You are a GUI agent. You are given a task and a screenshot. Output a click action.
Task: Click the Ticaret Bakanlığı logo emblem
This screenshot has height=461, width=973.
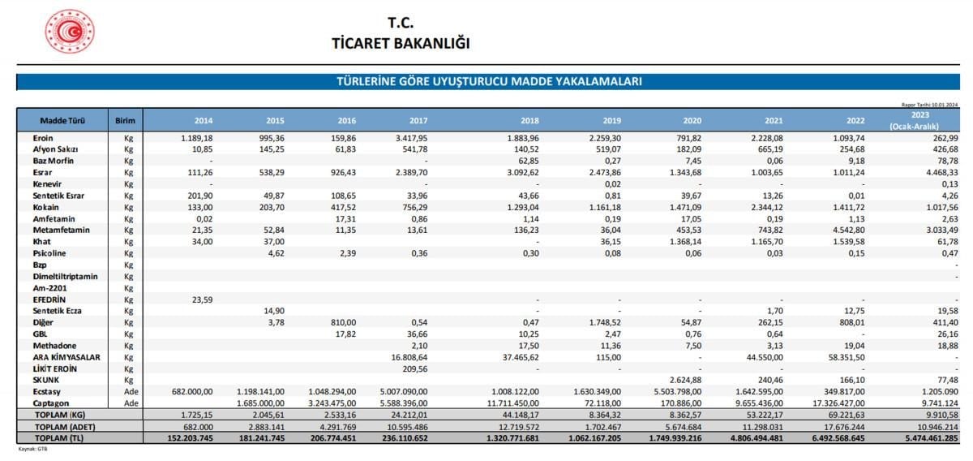click(70, 32)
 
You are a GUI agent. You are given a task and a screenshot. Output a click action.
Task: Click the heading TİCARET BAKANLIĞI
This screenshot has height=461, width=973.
click(401, 43)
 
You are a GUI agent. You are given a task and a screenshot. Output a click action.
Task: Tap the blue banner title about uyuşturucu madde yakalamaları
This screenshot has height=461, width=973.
click(489, 82)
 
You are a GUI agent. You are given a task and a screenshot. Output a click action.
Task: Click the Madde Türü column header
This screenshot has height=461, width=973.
click(62, 122)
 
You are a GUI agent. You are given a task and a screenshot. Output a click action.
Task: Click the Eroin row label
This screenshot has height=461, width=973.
click(43, 138)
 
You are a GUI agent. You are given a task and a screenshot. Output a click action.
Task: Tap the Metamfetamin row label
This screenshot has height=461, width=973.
click(55, 230)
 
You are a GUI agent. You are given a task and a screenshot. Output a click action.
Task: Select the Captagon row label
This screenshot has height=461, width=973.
click(50, 403)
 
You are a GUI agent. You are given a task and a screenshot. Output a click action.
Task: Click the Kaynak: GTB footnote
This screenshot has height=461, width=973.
click(33, 448)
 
